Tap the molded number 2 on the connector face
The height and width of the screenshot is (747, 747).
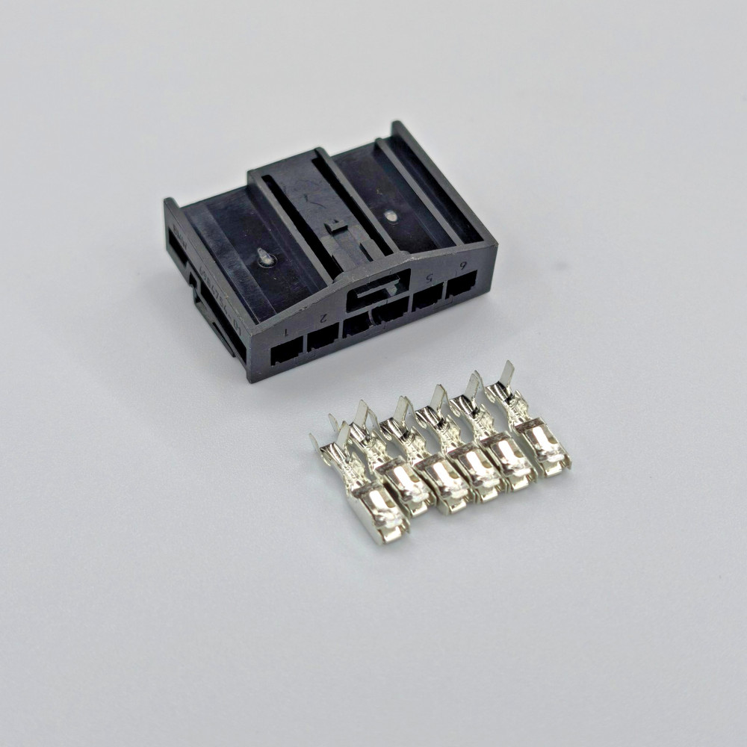click(323, 317)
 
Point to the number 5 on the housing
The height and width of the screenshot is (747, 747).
click(429, 279)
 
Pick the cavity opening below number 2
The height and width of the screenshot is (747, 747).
click(323, 339)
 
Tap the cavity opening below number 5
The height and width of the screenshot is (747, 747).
click(430, 298)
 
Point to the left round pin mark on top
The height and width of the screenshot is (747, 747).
click(264, 256)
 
